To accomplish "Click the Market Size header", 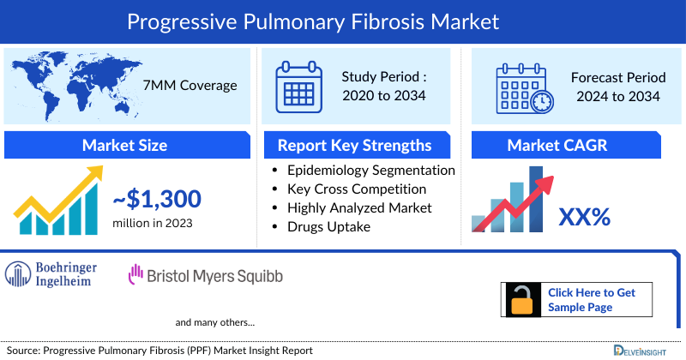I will (x=124, y=145).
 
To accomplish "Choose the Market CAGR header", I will (x=569, y=145).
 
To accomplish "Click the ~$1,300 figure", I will (x=157, y=200).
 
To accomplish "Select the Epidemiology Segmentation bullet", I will (x=370, y=170).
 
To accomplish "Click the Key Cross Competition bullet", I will (x=357, y=189).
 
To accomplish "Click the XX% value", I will (x=584, y=218).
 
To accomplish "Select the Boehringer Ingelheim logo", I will (x=51, y=273).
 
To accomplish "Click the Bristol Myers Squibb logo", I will (x=205, y=276).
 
